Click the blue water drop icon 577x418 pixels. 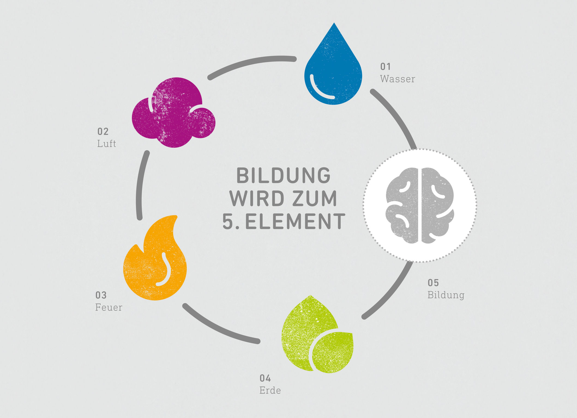333,68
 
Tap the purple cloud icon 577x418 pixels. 173,113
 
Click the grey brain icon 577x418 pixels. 420,205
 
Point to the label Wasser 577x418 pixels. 398,79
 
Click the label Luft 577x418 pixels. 107,143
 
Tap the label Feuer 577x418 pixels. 109,307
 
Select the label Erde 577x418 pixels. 270,390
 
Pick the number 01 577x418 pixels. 386,66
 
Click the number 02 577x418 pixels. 103,131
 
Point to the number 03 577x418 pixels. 101,295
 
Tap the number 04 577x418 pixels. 265,378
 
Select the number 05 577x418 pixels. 433,283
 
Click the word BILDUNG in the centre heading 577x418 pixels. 283,176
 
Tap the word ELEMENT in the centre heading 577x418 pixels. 295,221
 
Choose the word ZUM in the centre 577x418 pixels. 315,198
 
